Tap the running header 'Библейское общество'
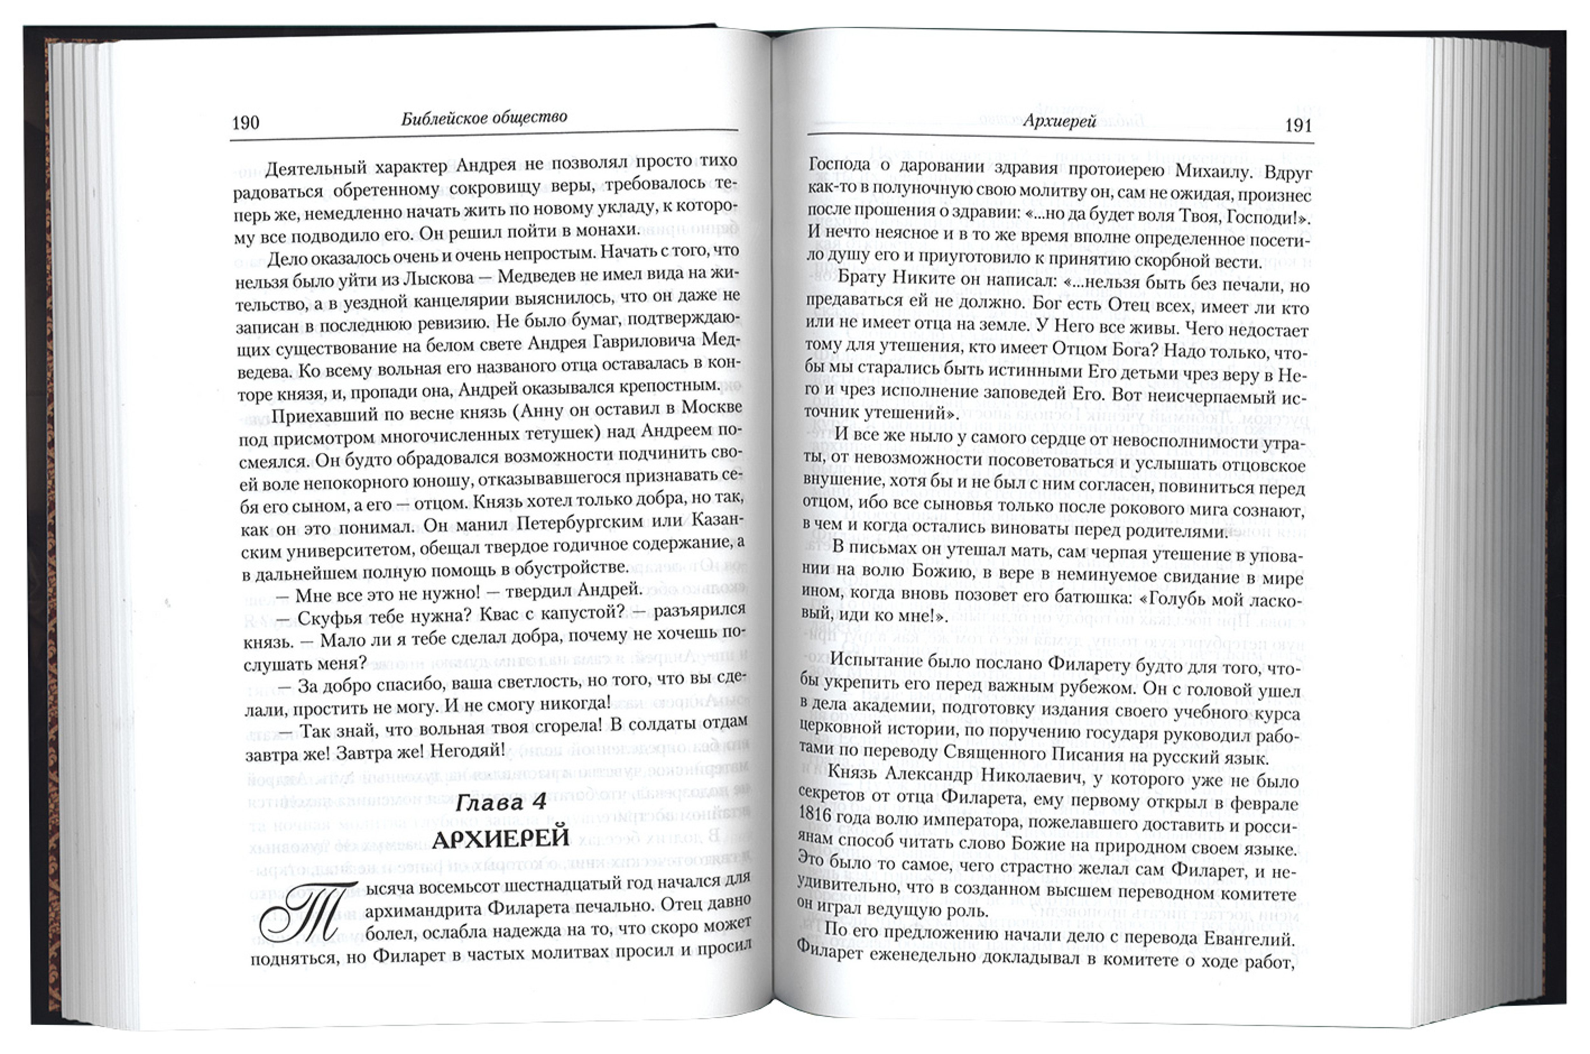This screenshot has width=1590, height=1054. coord(484,118)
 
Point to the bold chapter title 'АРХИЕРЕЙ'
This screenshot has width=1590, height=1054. coord(501,839)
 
